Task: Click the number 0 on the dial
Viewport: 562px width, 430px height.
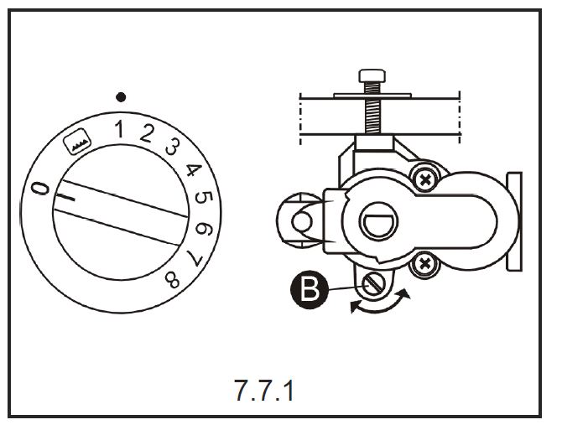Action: [x=39, y=188]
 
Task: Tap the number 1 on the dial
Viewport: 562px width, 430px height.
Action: [x=119, y=129]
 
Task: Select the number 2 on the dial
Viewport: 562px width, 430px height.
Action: [x=147, y=133]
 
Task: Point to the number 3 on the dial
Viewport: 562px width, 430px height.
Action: [x=173, y=147]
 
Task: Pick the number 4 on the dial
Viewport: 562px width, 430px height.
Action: [x=194, y=170]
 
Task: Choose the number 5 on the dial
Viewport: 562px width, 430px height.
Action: [x=204, y=198]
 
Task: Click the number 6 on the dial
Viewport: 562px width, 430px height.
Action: [x=204, y=229]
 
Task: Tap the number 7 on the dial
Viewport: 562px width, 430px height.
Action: [x=195, y=258]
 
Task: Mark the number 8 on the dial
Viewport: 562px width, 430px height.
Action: [x=173, y=280]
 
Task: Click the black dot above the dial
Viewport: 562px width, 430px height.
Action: [x=121, y=97]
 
